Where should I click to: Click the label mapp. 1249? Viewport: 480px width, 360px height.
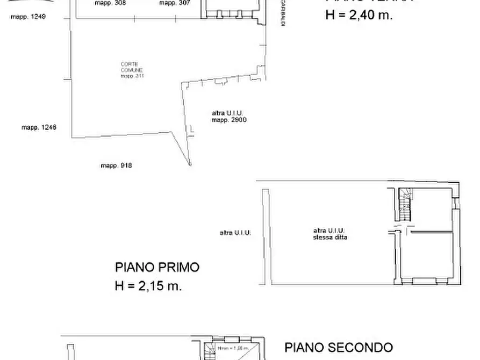tap(28, 17)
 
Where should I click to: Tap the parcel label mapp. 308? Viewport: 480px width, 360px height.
tap(110, 3)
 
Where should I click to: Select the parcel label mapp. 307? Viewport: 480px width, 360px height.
tap(174, 3)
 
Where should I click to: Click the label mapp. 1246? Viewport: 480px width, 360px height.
tap(39, 127)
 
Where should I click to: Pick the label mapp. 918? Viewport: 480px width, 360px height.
tap(116, 165)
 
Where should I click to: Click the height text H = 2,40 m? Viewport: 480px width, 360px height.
tap(359, 16)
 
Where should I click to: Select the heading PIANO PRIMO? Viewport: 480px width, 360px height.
tap(157, 267)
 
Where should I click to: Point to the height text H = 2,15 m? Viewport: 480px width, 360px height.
tap(148, 286)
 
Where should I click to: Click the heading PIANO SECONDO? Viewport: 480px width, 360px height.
tap(338, 348)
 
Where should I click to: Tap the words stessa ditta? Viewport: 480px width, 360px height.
tap(330, 237)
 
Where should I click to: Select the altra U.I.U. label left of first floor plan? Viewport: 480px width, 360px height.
tap(235, 233)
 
